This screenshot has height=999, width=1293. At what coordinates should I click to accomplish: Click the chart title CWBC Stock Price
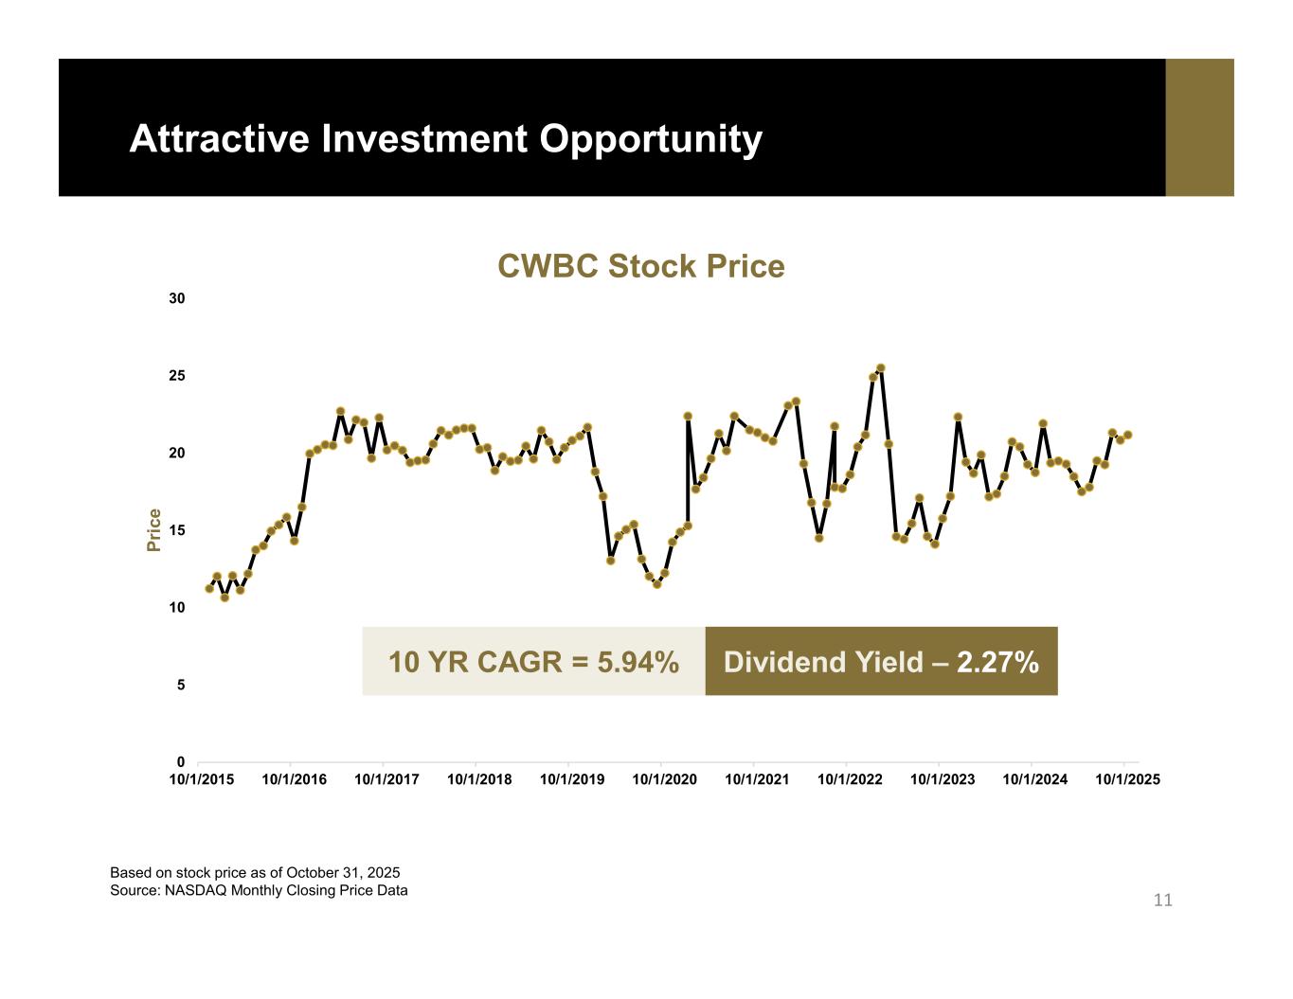click(x=640, y=267)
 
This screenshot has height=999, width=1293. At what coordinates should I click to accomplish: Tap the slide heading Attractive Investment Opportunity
click(x=445, y=138)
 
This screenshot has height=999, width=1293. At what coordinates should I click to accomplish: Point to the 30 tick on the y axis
click(x=177, y=298)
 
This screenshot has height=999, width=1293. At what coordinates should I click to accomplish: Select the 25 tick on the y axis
click(x=177, y=376)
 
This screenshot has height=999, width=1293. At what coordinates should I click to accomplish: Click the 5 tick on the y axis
click(x=181, y=685)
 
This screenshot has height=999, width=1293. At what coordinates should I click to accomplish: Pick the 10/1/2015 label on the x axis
click(x=202, y=779)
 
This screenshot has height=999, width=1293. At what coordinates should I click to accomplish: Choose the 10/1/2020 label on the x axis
click(x=664, y=779)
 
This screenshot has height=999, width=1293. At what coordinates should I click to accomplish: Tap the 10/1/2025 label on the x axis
click(x=1127, y=779)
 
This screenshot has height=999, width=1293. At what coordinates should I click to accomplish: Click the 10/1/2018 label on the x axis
click(x=479, y=779)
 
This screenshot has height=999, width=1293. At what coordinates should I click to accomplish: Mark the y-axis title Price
click(x=153, y=530)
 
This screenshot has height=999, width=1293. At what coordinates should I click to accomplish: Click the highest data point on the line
click(x=880, y=368)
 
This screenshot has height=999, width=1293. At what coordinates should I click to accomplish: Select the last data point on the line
click(x=1127, y=435)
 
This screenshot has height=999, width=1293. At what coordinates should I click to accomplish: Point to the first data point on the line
click(x=209, y=588)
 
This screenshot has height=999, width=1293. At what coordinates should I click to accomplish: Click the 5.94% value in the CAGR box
click(x=638, y=662)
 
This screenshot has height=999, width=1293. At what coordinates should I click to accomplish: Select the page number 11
click(x=1162, y=900)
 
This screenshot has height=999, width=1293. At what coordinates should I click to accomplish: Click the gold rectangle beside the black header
click(x=1199, y=128)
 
